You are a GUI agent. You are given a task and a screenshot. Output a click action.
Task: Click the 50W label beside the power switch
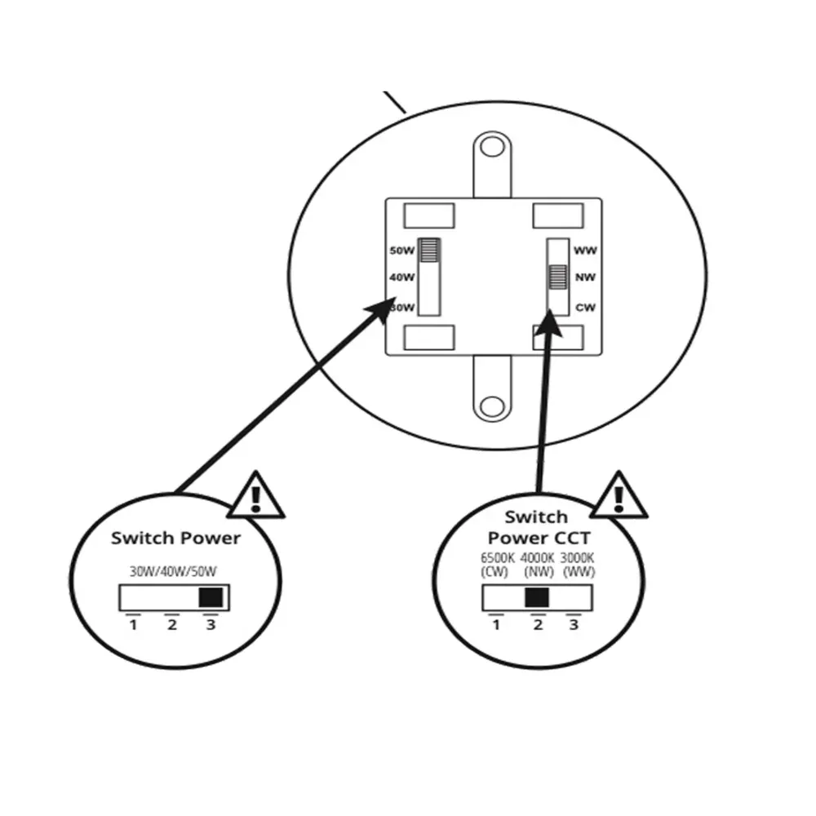coord(403,251)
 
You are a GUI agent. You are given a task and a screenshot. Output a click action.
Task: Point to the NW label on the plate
coord(585,278)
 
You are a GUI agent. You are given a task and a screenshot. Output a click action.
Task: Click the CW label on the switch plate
coord(584,308)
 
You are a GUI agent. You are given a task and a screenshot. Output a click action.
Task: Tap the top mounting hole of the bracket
coord(491,147)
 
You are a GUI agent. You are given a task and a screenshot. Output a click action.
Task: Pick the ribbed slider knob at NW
coord(558,277)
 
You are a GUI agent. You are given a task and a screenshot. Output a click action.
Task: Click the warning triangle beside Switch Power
coord(256,498)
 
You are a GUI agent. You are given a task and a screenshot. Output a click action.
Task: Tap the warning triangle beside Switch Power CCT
coord(619,498)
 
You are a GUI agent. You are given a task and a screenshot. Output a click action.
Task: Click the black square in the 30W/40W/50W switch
coord(211,597)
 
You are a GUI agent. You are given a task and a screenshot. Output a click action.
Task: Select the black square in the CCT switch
coord(536,598)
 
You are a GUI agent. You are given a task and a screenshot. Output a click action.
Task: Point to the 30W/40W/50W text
coord(174,572)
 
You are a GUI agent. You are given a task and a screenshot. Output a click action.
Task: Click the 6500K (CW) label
coord(498,564)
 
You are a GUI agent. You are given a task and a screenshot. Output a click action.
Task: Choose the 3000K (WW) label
coord(578,564)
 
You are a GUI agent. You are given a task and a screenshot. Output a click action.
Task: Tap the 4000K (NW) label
coord(538,564)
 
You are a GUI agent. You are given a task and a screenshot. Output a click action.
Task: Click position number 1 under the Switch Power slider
coord(133,625)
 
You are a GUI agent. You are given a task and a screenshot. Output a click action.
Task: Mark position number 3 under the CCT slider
coord(574,625)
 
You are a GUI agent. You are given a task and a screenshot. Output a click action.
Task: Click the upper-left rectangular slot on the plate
coord(429,215)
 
